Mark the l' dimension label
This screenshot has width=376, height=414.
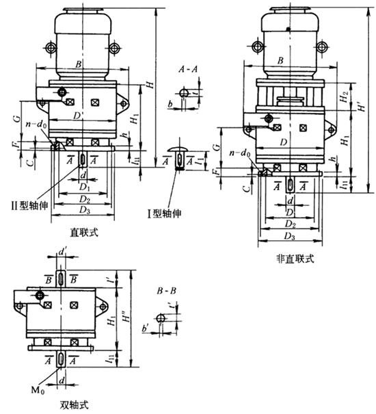click(111, 280)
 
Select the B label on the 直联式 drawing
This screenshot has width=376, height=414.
click(79, 64)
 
